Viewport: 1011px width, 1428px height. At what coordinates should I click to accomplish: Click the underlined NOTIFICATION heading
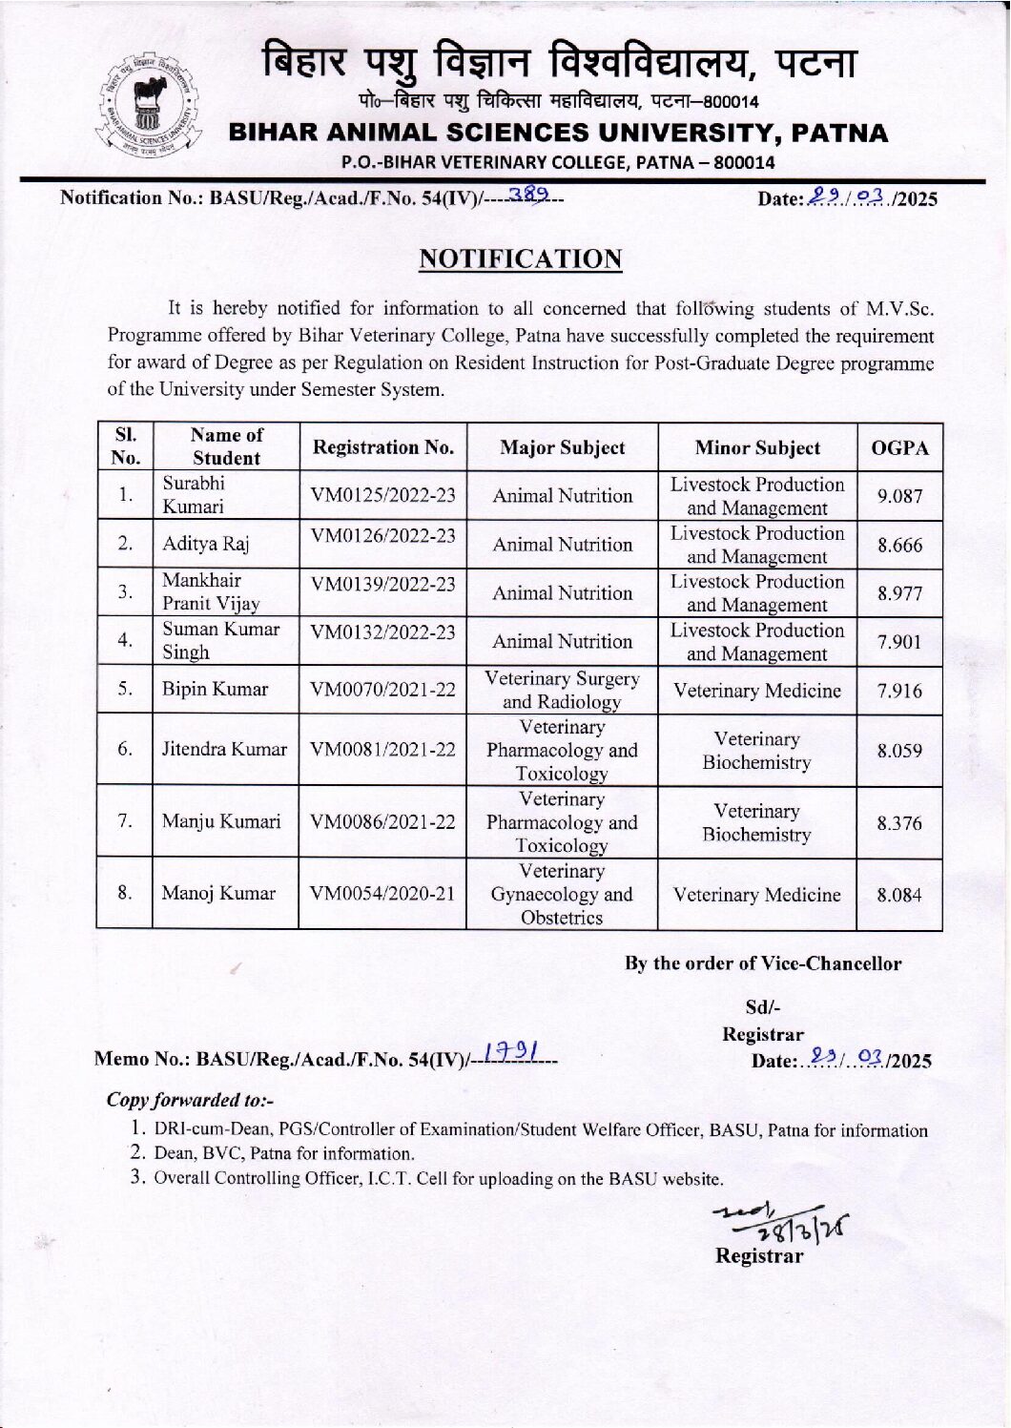521,259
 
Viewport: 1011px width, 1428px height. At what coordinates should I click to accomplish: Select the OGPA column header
899,447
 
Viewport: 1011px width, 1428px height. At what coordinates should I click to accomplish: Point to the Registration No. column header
382,447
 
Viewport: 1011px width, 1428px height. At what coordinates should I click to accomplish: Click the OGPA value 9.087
899,496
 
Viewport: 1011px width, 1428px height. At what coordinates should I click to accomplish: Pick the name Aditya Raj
205,545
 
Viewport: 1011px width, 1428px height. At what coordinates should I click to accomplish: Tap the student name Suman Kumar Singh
220,641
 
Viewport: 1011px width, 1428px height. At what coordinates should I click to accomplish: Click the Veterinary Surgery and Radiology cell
562,690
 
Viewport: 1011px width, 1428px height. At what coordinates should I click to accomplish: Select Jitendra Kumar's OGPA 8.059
899,751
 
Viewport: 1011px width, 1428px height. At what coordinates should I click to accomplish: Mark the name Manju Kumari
221,821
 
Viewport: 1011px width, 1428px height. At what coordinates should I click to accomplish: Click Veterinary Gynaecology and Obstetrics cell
562,894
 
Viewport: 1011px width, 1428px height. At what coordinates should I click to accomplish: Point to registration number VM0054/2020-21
382,894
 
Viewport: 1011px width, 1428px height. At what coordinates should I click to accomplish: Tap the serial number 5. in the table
125,689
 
